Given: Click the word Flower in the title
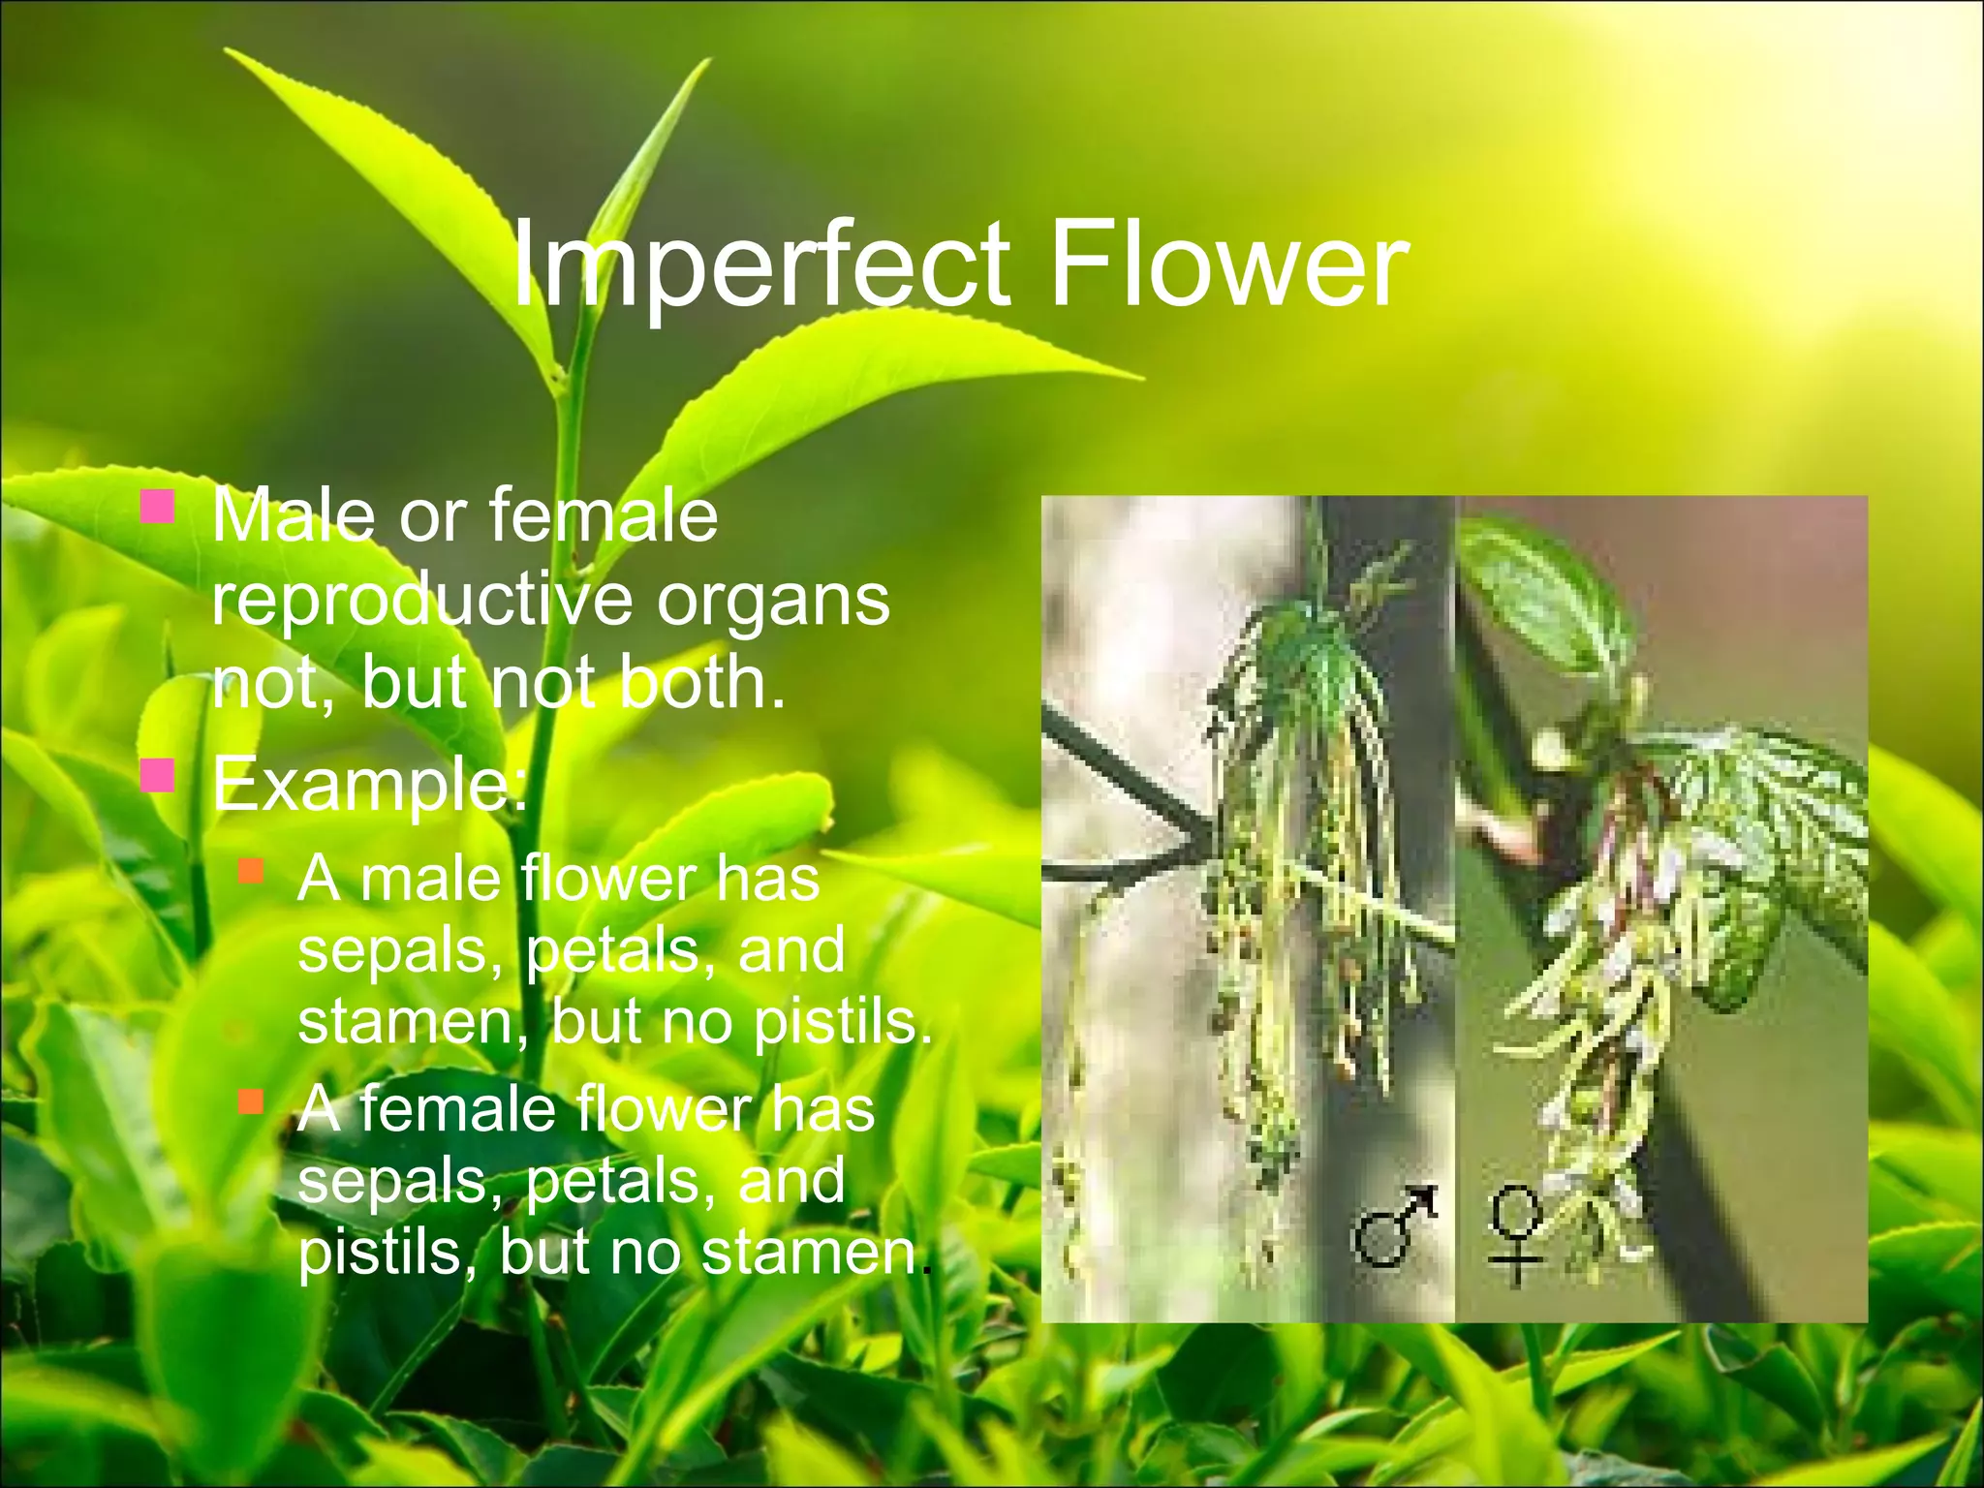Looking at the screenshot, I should pos(1227,263).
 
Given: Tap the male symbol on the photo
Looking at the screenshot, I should pos(1393,1226).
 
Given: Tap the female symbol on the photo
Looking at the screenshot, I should pos(1516,1236).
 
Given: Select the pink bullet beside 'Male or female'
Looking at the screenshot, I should pos(157,507).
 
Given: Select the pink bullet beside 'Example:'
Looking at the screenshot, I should pos(157,775).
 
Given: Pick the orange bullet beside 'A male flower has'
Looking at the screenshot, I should pos(251,870).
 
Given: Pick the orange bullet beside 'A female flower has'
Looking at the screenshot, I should pos(251,1101).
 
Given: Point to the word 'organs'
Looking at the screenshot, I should pos(773,601).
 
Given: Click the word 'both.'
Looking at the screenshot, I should pos(701,684).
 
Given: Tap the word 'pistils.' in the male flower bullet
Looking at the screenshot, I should pos(842,1023).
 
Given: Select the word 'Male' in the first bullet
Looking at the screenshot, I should pos(292,515).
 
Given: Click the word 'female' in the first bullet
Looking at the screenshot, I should pos(604,515).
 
